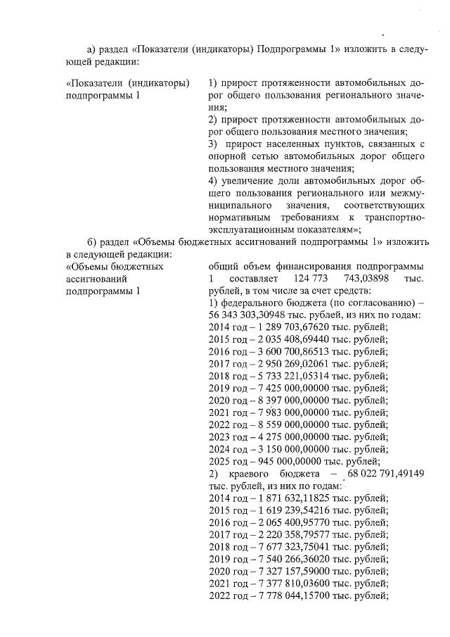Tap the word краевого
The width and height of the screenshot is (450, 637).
coord(266,474)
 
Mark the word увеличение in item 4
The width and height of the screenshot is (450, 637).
coord(255,181)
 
